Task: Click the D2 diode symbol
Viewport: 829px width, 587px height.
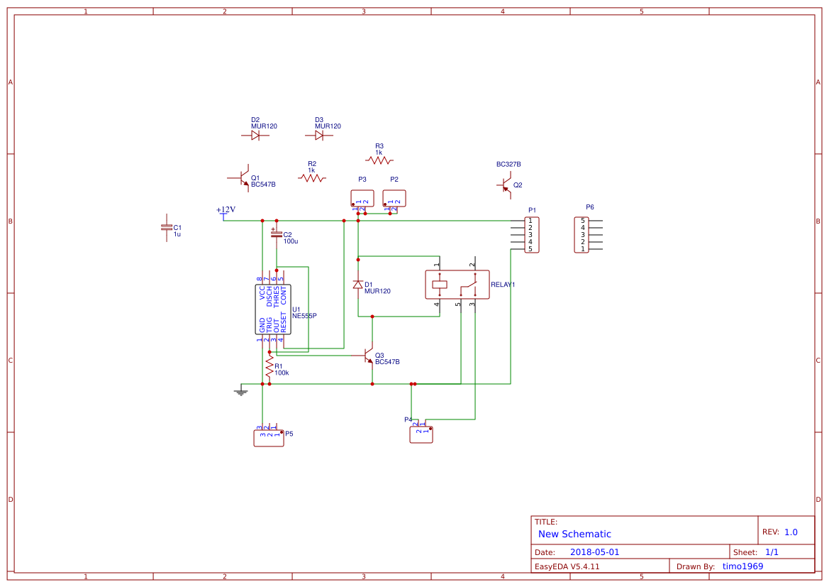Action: (255, 135)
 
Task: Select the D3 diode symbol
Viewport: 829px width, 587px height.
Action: (319, 135)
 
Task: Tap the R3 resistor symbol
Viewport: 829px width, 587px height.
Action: (379, 160)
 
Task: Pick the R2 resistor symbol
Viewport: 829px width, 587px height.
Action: (312, 178)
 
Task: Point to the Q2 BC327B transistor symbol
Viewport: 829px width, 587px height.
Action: (503, 185)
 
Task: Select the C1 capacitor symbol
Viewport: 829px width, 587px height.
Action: (167, 227)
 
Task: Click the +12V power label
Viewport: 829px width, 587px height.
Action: (226, 210)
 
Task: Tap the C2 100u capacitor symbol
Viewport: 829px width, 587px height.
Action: (277, 234)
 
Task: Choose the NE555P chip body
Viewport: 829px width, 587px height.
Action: (273, 309)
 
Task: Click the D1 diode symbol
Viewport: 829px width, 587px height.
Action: (358, 285)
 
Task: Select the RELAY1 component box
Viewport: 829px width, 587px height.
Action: (457, 285)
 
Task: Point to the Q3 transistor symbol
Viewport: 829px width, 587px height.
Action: (367, 355)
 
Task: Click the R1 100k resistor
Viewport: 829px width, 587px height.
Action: (269, 367)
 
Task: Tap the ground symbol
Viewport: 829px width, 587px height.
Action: (241, 390)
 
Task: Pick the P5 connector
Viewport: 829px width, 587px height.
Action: (268, 437)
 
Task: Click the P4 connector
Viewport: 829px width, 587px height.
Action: (421, 434)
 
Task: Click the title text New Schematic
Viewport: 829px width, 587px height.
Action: (574, 534)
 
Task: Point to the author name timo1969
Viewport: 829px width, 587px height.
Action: (742, 566)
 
